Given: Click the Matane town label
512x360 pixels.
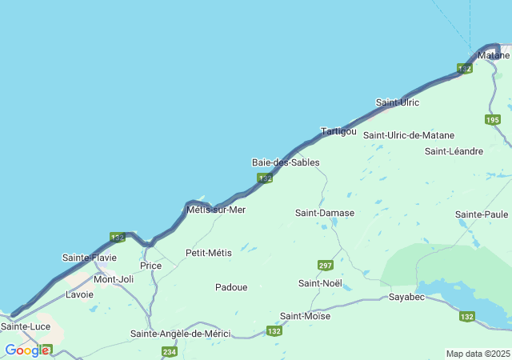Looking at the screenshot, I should pyautogui.click(x=493, y=55).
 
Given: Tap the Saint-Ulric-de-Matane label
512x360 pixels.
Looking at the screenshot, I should pyautogui.click(x=409, y=135).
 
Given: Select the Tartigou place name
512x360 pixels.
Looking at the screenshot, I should pyautogui.click(x=338, y=131).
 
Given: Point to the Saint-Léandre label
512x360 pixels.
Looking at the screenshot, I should pyautogui.click(x=454, y=151).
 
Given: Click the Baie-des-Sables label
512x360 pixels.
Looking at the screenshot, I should pyautogui.click(x=286, y=162).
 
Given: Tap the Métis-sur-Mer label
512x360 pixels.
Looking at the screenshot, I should pyautogui.click(x=215, y=210).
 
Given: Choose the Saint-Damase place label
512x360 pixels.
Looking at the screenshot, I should pyautogui.click(x=324, y=213).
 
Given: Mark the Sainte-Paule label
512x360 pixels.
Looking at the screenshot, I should pyautogui.click(x=482, y=214).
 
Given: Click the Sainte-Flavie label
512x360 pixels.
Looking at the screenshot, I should pyautogui.click(x=89, y=258).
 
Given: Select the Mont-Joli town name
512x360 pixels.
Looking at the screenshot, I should pyautogui.click(x=114, y=279).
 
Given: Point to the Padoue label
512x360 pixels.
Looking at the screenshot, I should pyautogui.click(x=231, y=287).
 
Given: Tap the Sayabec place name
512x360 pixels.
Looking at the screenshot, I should pyautogui.click(x=406, y=298).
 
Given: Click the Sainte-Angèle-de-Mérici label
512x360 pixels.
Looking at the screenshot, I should pyautogui.click(x=181, y=334).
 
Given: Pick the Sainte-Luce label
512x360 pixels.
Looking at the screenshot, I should pyautogui.click(x=26, y=326).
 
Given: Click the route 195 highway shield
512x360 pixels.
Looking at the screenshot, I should pyautogui.click(x=492, y=120).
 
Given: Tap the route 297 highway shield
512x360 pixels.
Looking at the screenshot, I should pyautogui.click(x=325, y=266).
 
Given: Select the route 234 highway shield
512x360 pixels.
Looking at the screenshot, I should pyautogui.click(x=169, y=352).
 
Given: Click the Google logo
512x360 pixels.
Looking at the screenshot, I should pyautogui.click(x=26, y=350).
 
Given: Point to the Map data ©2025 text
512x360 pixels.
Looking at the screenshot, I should pyautogui.click(x=477, y=354).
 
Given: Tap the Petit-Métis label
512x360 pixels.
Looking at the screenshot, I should pyautogui.click(x=208, y=253).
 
